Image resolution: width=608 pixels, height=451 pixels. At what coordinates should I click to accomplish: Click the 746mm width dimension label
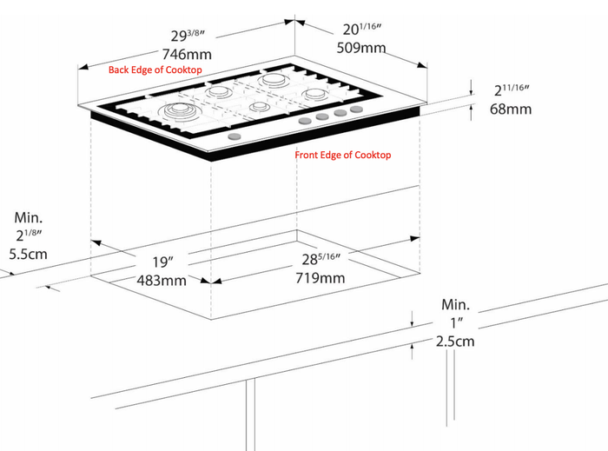pos(187,54)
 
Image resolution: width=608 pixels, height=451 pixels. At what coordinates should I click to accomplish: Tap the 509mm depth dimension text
pos(361,48)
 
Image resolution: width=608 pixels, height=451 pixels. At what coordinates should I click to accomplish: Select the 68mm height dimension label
pos(511,109)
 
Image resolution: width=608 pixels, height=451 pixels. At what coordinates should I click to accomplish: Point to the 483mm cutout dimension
pos(162,280)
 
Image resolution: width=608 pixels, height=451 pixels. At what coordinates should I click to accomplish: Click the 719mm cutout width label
pos(320,278)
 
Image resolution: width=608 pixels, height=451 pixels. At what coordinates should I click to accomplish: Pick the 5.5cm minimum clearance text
pos(28,255)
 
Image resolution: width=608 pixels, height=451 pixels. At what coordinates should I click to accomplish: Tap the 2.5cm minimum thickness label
pos(455,342)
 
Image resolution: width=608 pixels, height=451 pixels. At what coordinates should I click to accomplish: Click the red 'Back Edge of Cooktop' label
pos(155,70)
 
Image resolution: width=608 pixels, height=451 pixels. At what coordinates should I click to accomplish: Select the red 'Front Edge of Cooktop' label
pos(343,156)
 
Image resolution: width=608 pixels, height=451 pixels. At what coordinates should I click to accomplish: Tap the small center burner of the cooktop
pos(257,106)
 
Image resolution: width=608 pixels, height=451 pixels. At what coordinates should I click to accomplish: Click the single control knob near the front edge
pos(235,136)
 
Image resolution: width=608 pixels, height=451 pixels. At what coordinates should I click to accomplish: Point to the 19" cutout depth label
pos(162,262)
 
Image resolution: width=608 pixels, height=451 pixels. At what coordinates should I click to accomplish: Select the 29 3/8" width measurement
pos(188,36)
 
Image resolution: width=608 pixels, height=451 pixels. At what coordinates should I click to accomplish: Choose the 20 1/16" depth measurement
pos(362,29)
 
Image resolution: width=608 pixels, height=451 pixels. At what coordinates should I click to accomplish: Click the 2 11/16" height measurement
pos(512,90)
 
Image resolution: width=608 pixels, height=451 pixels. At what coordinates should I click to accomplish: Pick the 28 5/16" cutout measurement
pos(321,259)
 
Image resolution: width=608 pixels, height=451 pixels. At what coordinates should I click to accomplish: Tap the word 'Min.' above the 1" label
pos(456,305)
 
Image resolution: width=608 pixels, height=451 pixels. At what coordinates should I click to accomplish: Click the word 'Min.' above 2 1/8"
pos(29,217)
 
